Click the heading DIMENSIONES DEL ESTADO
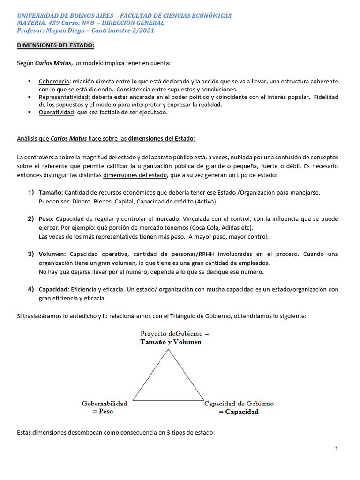(x=55, y=45)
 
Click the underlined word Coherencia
(x=54, y=82)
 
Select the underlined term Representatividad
(x=60, y=97)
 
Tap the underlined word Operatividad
(x=56, y=112)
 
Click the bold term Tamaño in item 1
(x=51, y=193)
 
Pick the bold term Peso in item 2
(x=46, y=219)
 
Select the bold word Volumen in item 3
(x=52, y=254)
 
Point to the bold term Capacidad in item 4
(x=53, y=289)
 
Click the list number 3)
(x=30, y=254)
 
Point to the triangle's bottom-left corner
(x=133, y=400)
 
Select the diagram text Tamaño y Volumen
(x=171, y=342)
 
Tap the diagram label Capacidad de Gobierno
(x=239, y=404)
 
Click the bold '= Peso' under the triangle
(x=103, y=412)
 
